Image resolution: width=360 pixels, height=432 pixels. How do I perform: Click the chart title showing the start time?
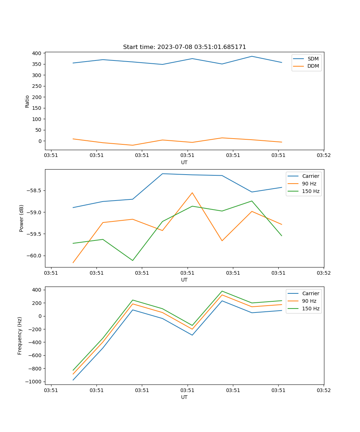(x=184, y=47)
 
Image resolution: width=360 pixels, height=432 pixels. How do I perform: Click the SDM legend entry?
(x=313, y=59)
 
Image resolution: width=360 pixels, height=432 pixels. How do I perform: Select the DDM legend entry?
(x=313, y=66)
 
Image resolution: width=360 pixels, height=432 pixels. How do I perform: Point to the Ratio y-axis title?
(x=27, y=101)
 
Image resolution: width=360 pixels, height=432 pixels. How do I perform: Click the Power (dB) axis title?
(x=22, y=218)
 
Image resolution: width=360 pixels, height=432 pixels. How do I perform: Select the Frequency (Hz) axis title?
(x=20, y=336)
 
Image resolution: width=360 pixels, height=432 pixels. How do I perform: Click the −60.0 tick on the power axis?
(x=34, y=256)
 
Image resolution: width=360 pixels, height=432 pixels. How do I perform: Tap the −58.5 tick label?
(x=34, y=190)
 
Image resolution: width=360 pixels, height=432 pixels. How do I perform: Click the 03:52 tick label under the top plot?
(x=324, y=155)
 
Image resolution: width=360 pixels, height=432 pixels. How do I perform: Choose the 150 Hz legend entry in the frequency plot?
(x=310, y=309)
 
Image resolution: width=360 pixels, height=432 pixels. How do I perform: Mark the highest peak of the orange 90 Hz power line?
(x=192, y=193)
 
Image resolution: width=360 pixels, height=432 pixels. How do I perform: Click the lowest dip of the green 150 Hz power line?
(x=132, y=260)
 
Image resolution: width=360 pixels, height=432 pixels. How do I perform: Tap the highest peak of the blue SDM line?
(x=252, y=56)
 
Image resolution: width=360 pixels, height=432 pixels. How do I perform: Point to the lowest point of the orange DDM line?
(x=132, y=145)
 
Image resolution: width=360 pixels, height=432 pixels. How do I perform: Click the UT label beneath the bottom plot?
(x=184, y=397)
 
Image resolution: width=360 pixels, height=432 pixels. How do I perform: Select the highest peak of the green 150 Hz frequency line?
(x=222, y=291)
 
